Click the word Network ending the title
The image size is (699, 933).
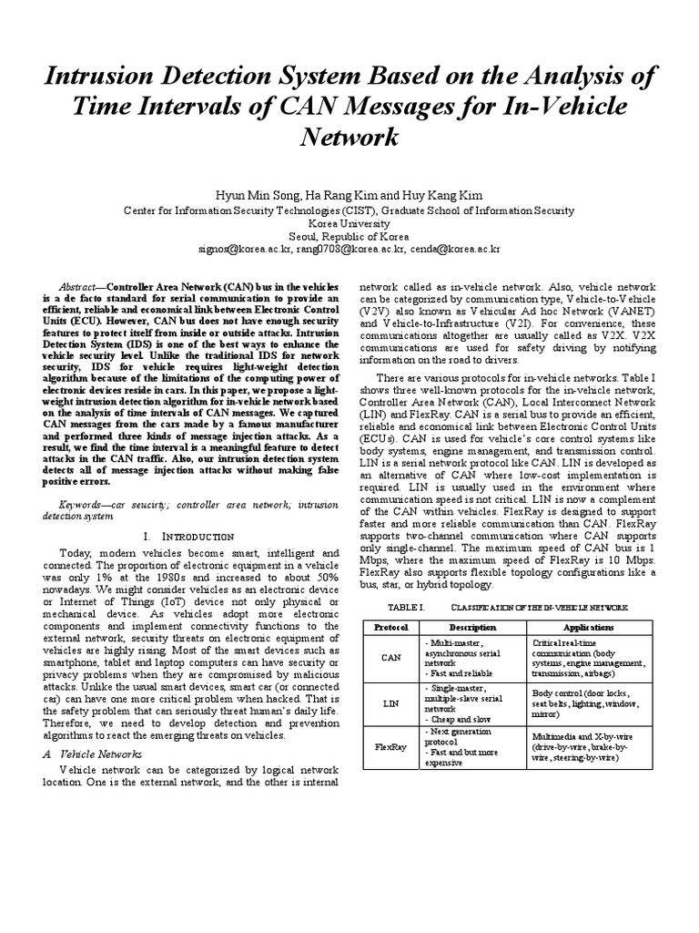[x=349, y=137]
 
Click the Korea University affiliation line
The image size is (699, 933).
[x=349, y=222]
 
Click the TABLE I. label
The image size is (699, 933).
[x=382, y=607]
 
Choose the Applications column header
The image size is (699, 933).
[x=588, y=628]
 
